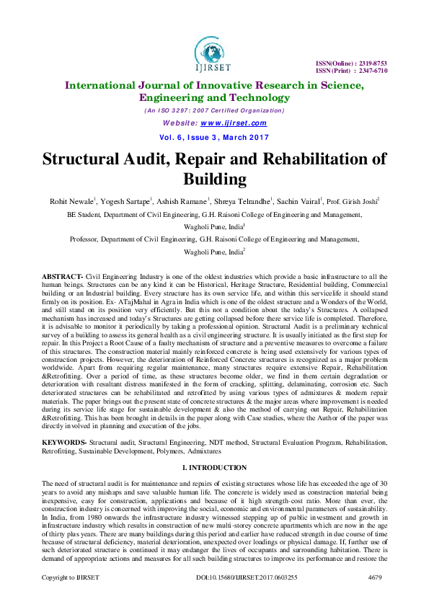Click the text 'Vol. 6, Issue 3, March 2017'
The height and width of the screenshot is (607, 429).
(214, 136)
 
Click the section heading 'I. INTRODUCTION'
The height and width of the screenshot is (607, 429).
(214, 467)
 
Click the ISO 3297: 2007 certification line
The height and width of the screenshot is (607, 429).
(214, 110)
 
